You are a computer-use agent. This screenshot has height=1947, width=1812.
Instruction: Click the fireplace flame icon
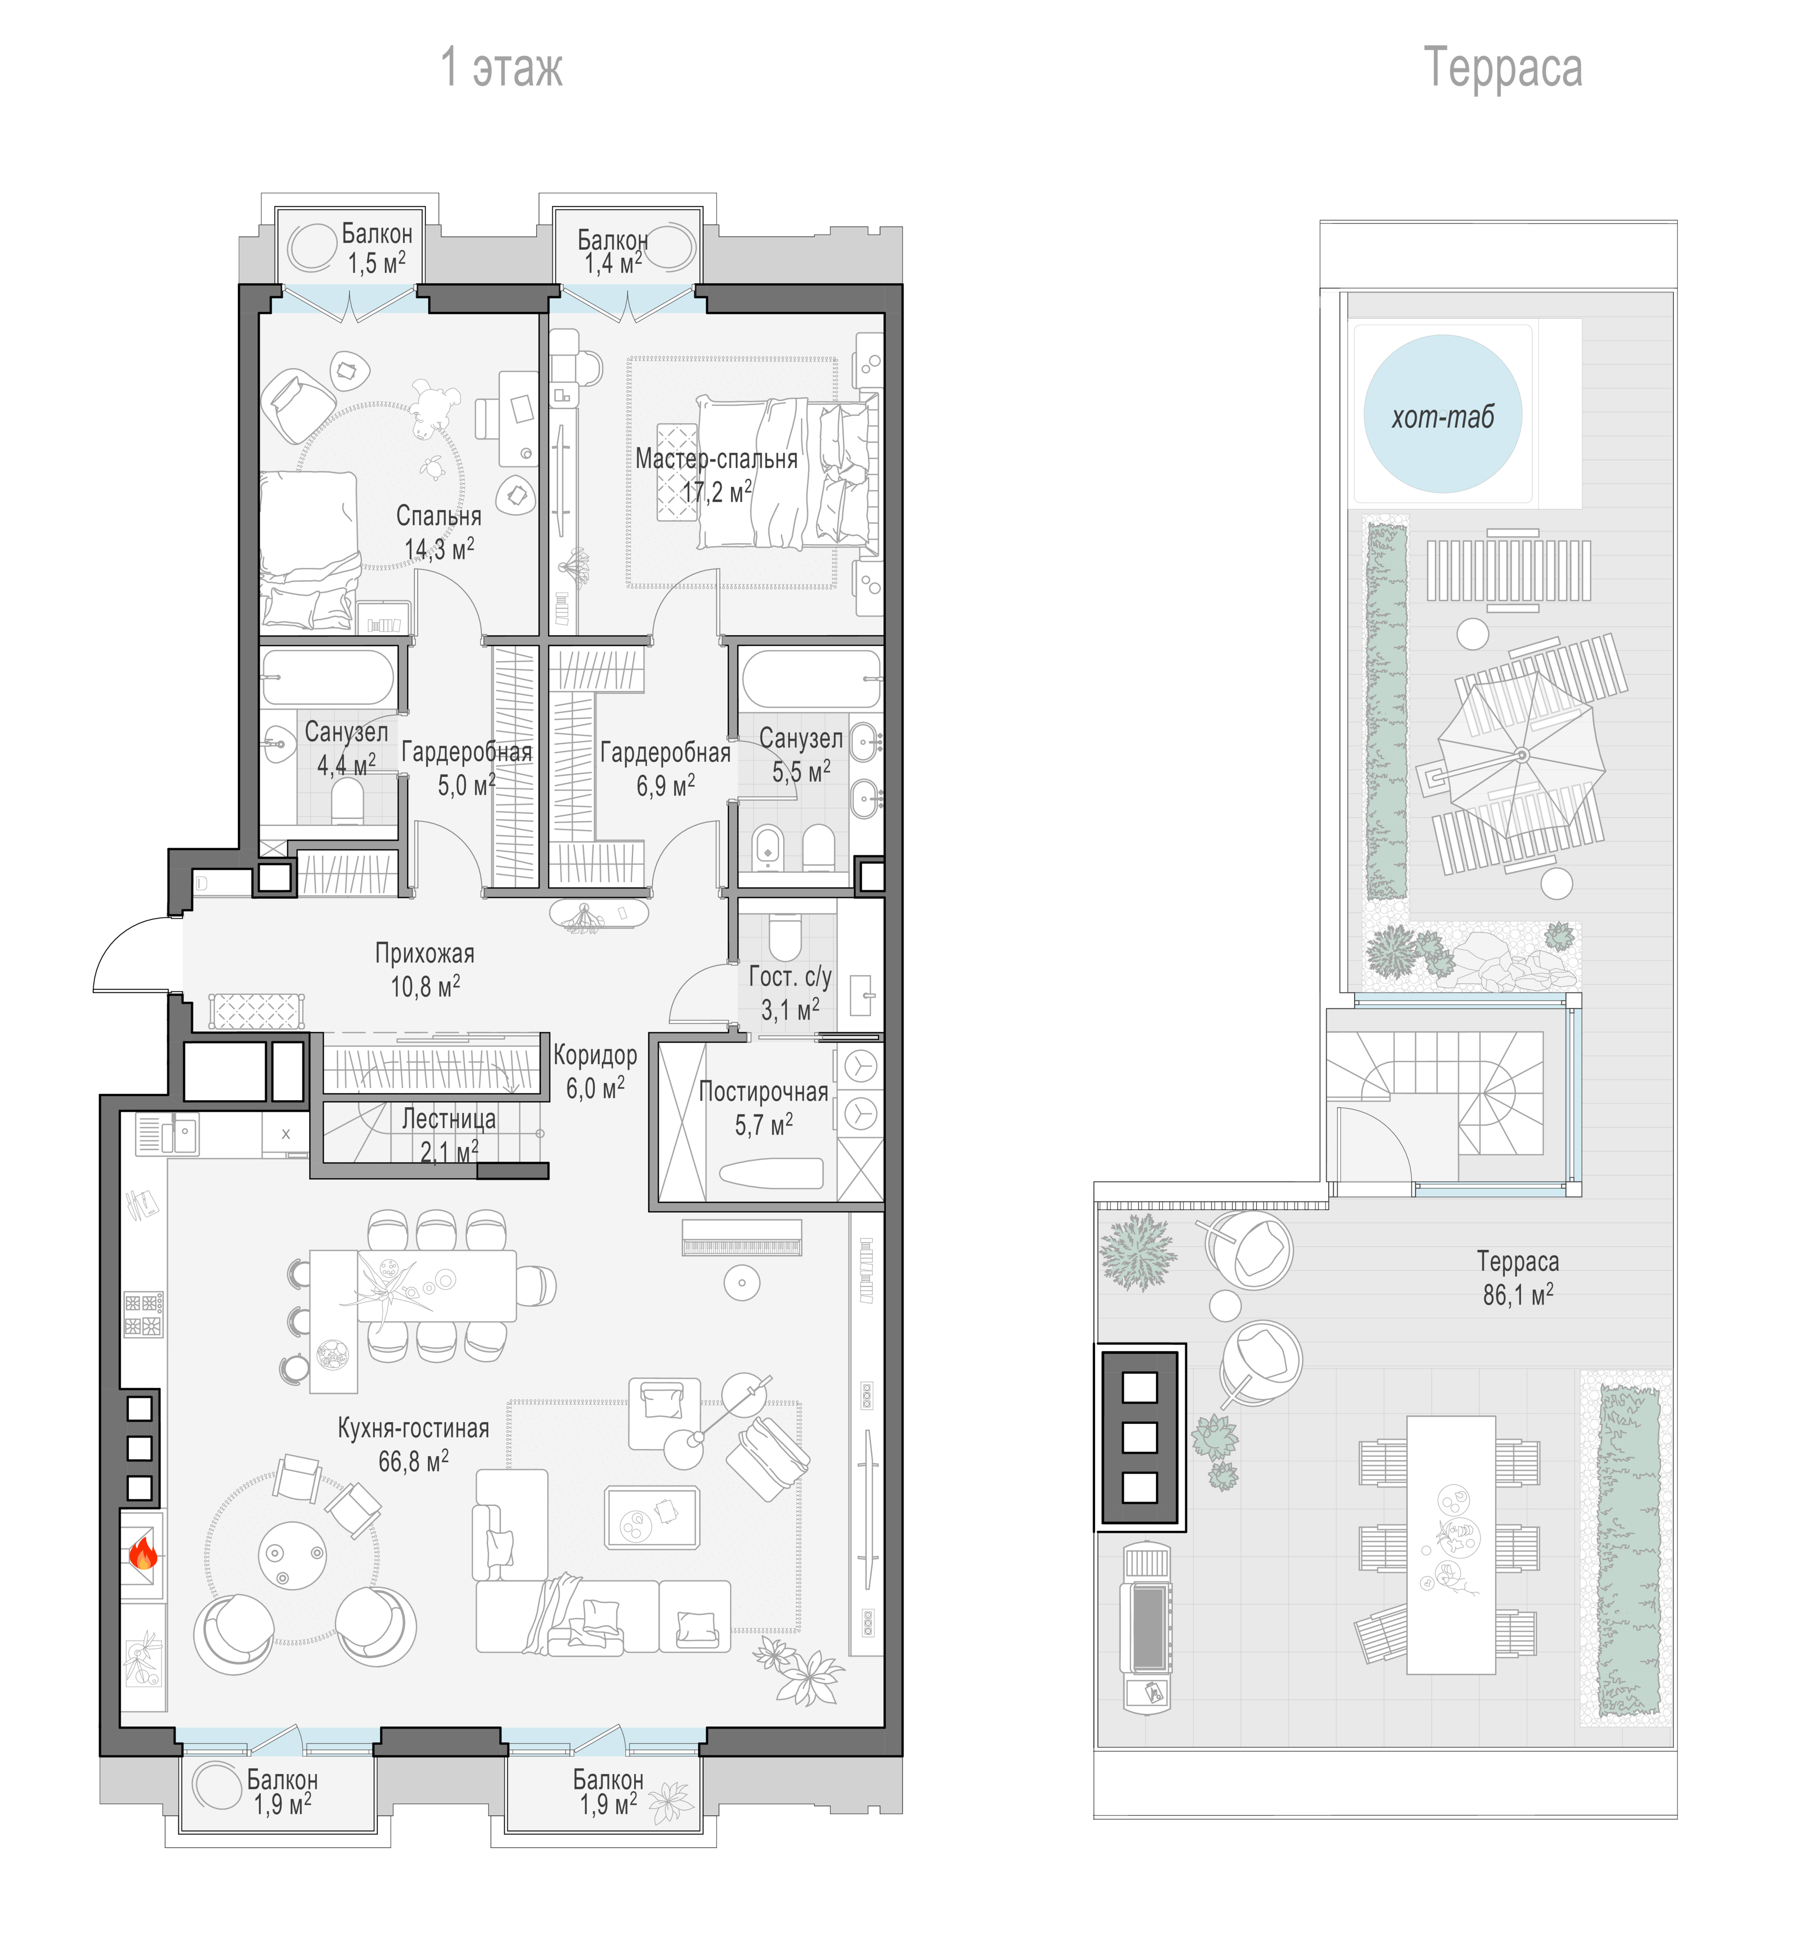[143, 1553]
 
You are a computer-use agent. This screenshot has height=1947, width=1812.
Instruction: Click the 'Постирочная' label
[763, 1092]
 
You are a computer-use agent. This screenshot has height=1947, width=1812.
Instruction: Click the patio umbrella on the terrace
[1521, 754]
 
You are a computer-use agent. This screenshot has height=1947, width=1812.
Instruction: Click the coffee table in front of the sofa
[651, 1517]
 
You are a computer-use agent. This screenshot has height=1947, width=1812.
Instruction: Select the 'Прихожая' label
[425, 953]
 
